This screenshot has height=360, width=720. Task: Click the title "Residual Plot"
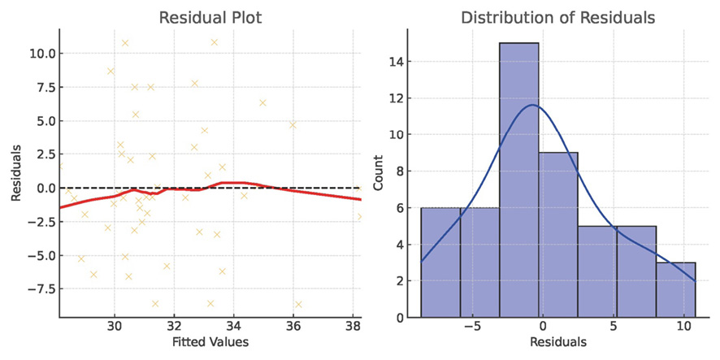coord(210,17)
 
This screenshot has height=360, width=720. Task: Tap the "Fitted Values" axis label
coord(210,342)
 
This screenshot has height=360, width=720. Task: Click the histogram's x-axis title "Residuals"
coord(558,342)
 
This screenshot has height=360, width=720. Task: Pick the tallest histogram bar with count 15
coord(518,180)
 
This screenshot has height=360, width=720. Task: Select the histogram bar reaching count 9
coord(557,235)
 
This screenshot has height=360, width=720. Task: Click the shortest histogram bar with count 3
coord(675,290)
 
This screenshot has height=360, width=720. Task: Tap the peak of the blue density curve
coord(531,105)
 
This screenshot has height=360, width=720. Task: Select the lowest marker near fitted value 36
coord(298,304)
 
